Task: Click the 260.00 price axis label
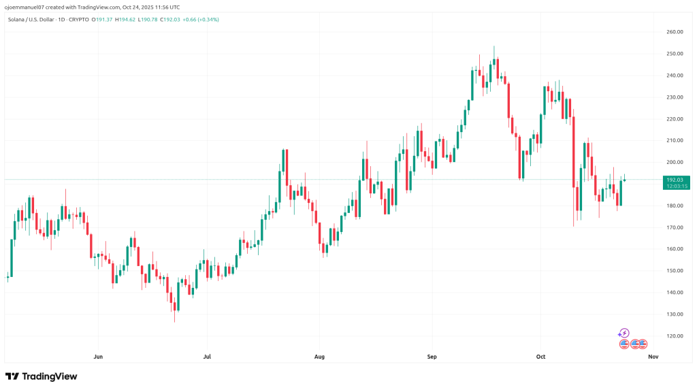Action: [675, 32]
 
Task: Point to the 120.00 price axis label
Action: [675, 336]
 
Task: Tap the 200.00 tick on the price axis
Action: [675, 163]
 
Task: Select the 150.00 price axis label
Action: [675, 271]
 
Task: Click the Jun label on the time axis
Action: [98, 356]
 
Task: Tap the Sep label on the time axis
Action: [432, 356]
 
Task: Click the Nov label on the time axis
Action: [653, 356]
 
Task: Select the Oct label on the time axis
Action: [541, 356]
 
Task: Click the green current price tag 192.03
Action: [675, 179]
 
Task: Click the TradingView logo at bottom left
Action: [42, 376]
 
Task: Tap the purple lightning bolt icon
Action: [624, 334]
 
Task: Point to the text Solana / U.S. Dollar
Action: [29, 19]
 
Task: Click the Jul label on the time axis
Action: [207, 356]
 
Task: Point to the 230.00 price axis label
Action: [675, 97]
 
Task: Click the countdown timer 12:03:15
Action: [675, 186]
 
